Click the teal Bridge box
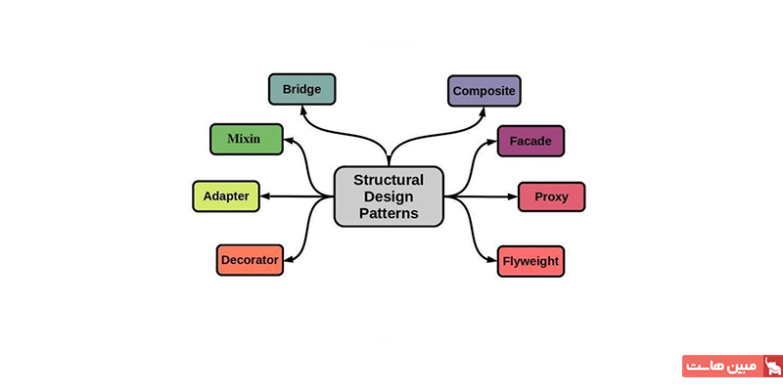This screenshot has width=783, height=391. click(301, 89)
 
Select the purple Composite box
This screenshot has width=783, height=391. click(484, 91)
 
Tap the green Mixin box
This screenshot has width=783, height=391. click(245, 139)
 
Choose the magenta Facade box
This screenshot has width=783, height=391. click(530, 141)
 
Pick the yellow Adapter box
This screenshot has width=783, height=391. click(226, 196)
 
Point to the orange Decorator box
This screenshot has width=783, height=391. click(250, 260)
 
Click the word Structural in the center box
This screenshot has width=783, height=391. click(389, 180)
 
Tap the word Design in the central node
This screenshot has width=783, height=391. click(389, 196)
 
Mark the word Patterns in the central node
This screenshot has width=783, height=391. click(389, 213)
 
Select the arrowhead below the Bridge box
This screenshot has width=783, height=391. click(302, 109)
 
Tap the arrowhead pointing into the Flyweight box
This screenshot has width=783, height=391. click(492, 260)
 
